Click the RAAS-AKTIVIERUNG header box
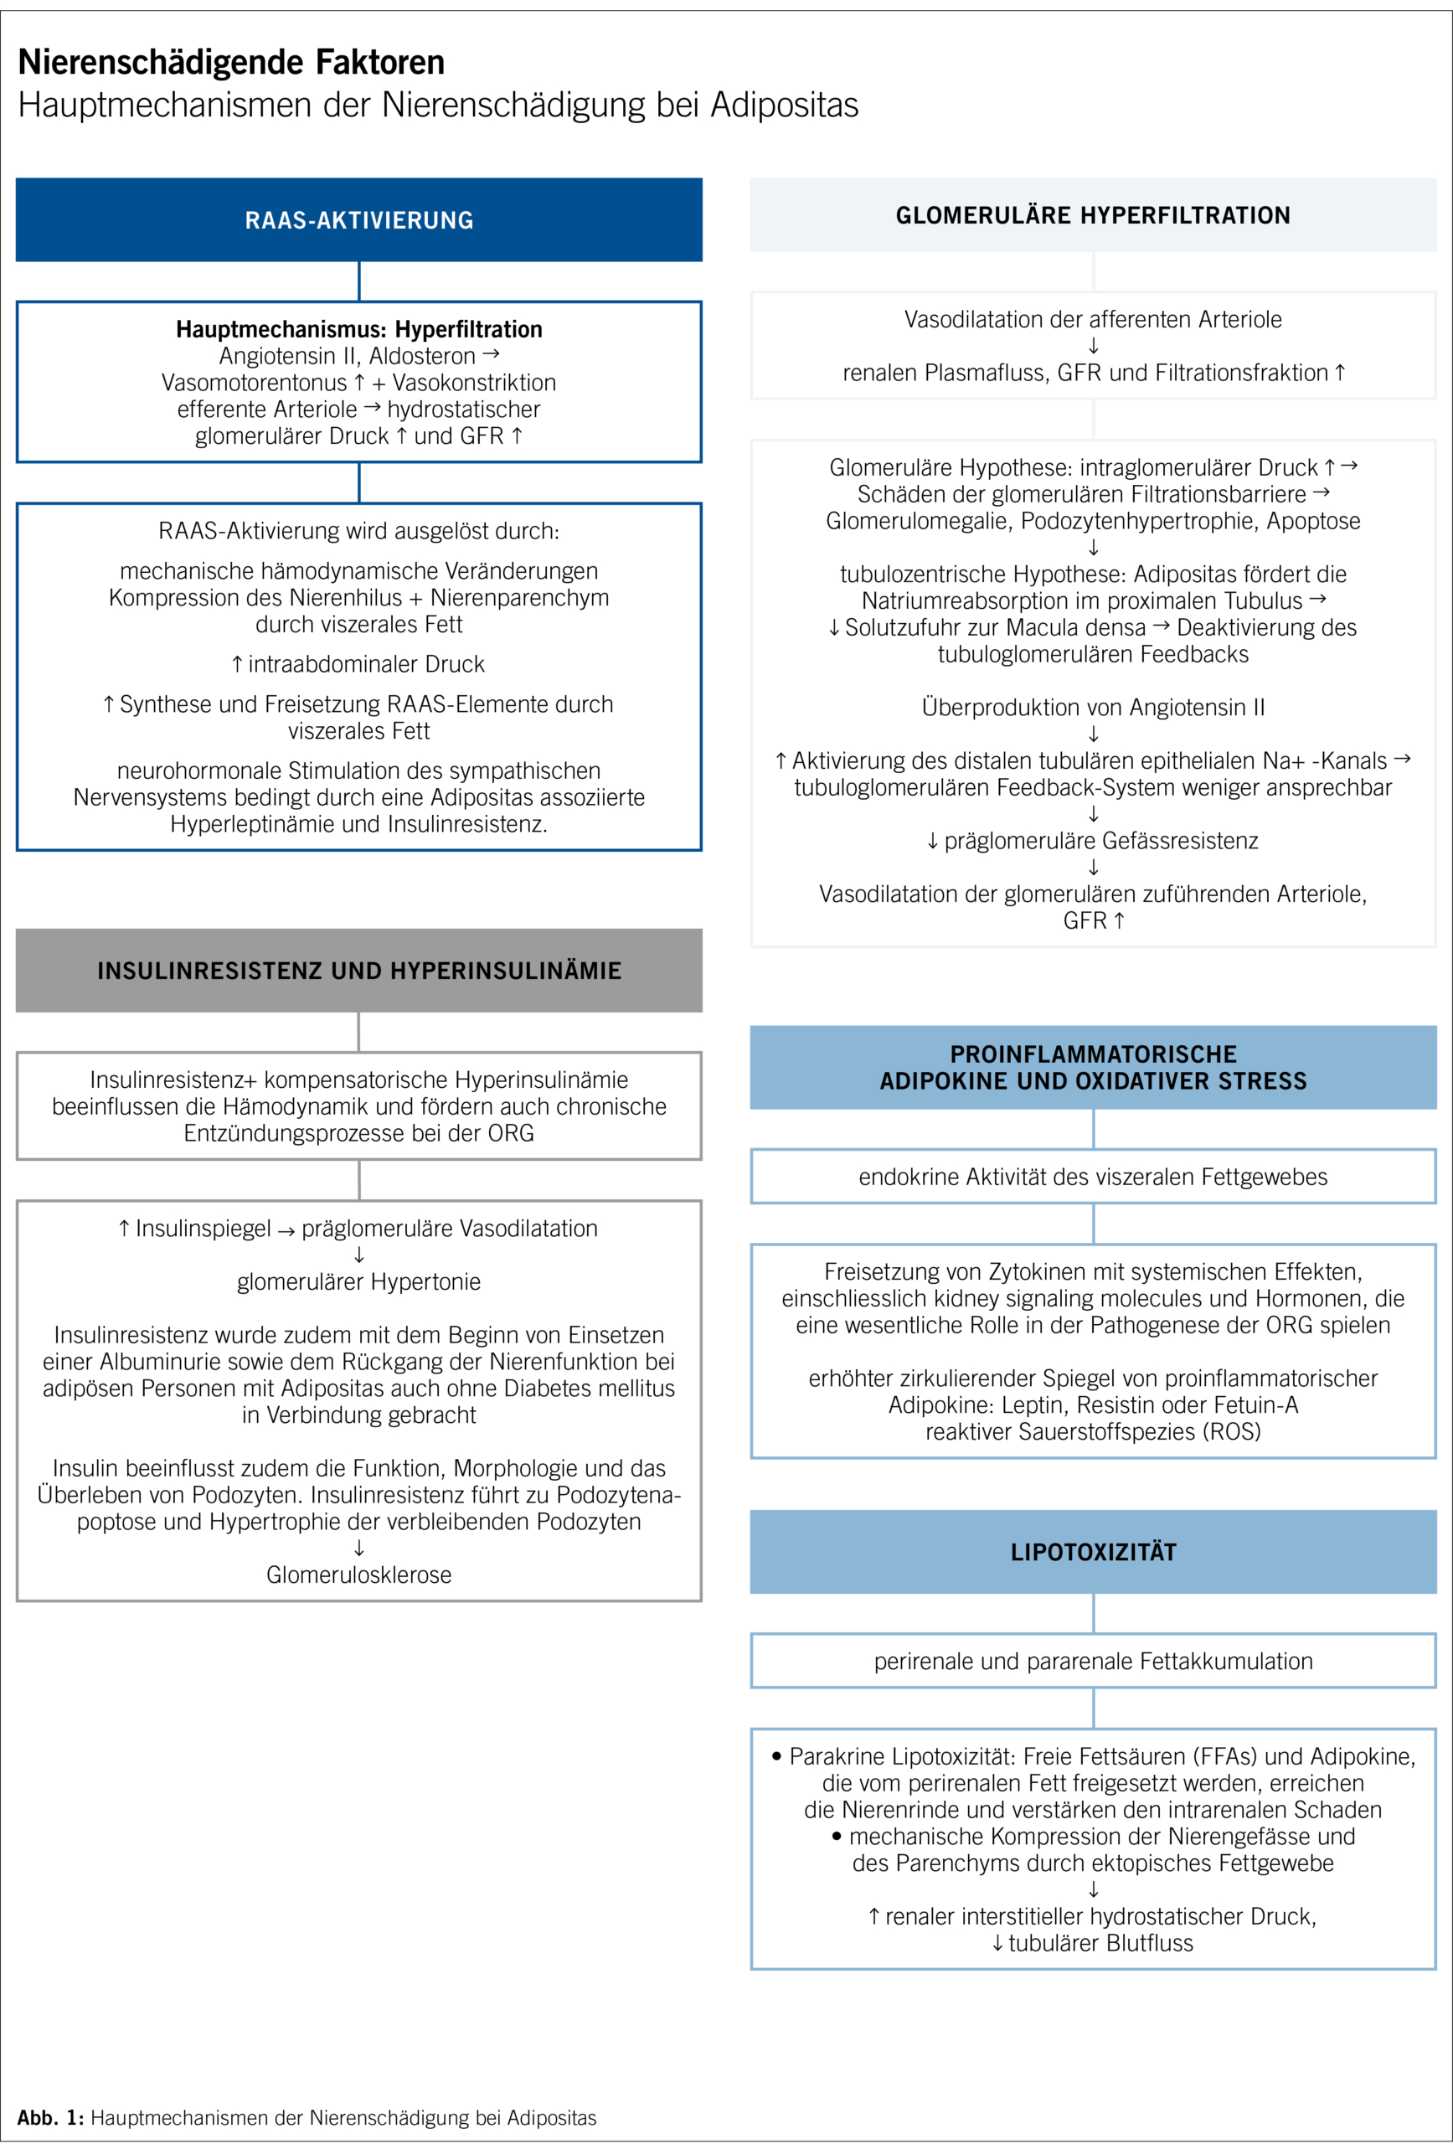359,219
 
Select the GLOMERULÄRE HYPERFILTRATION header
1092,215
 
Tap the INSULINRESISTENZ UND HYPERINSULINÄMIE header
359,971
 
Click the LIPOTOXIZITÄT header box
1092,1552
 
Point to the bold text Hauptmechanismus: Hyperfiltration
359,329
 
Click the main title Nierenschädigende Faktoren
231,62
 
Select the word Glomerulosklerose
359,1574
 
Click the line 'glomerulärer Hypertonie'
359,1281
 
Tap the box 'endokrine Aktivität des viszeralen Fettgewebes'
1092,1176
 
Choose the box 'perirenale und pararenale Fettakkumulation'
1092,1661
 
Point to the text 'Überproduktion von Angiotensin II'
1092,708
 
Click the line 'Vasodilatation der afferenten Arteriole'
1092,319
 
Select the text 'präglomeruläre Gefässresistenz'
1100,841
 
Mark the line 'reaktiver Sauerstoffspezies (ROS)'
1092,1431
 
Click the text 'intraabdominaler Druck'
366,664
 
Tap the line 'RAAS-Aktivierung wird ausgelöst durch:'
359,531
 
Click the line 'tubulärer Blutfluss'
1100,1943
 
